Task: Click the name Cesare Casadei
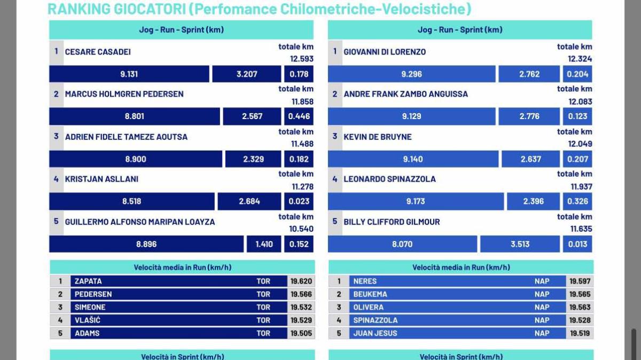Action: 98,52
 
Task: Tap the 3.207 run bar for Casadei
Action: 247,74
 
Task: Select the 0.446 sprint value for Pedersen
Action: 299,116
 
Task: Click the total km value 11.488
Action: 302,144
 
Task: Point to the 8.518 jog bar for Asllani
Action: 132,201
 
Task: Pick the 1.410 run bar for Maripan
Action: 264,244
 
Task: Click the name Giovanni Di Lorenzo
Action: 385,52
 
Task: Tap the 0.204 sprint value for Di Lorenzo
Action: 577,74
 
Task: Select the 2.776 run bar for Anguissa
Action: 529,116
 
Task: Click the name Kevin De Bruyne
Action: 378,137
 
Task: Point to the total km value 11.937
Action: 581,186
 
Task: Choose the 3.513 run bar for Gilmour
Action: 520,244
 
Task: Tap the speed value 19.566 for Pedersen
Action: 301,294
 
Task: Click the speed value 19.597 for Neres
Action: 580,281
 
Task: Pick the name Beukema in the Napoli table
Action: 370,294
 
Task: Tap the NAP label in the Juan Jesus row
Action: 542,333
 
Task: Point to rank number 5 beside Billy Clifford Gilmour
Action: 335,221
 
